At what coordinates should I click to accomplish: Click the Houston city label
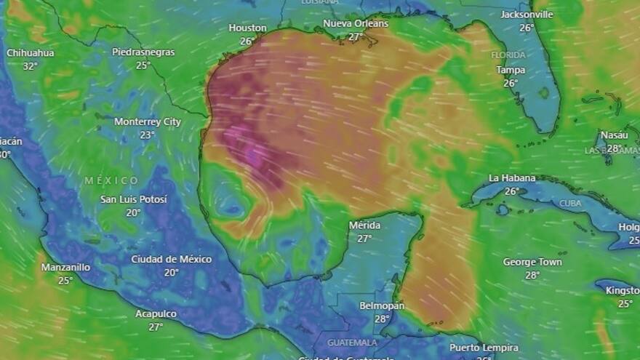(247, 28)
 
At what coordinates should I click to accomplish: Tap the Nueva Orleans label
(356, 23)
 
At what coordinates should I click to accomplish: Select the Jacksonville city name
(527, 15)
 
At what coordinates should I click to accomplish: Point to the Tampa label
(511, 70)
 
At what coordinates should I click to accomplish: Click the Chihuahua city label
(30, 52)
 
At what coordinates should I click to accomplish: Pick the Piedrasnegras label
(143, 52)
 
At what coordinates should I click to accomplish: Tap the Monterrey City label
(148, 121)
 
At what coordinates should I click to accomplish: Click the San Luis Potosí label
(133, 199)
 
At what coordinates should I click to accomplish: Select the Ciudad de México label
(171, 259)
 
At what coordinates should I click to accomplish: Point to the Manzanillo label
(65, 267)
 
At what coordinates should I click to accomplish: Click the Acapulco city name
(156, 313)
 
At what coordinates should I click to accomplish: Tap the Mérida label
(364, 225)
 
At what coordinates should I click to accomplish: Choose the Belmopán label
(382, 305)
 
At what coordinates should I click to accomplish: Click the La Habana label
(512, 177)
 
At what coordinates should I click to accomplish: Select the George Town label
(532, 262)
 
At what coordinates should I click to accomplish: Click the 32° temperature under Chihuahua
(30, 65)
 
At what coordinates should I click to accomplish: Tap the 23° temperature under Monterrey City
(148, 135)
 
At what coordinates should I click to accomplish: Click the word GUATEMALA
(352, 342)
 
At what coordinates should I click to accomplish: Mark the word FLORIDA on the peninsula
(508, 55)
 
